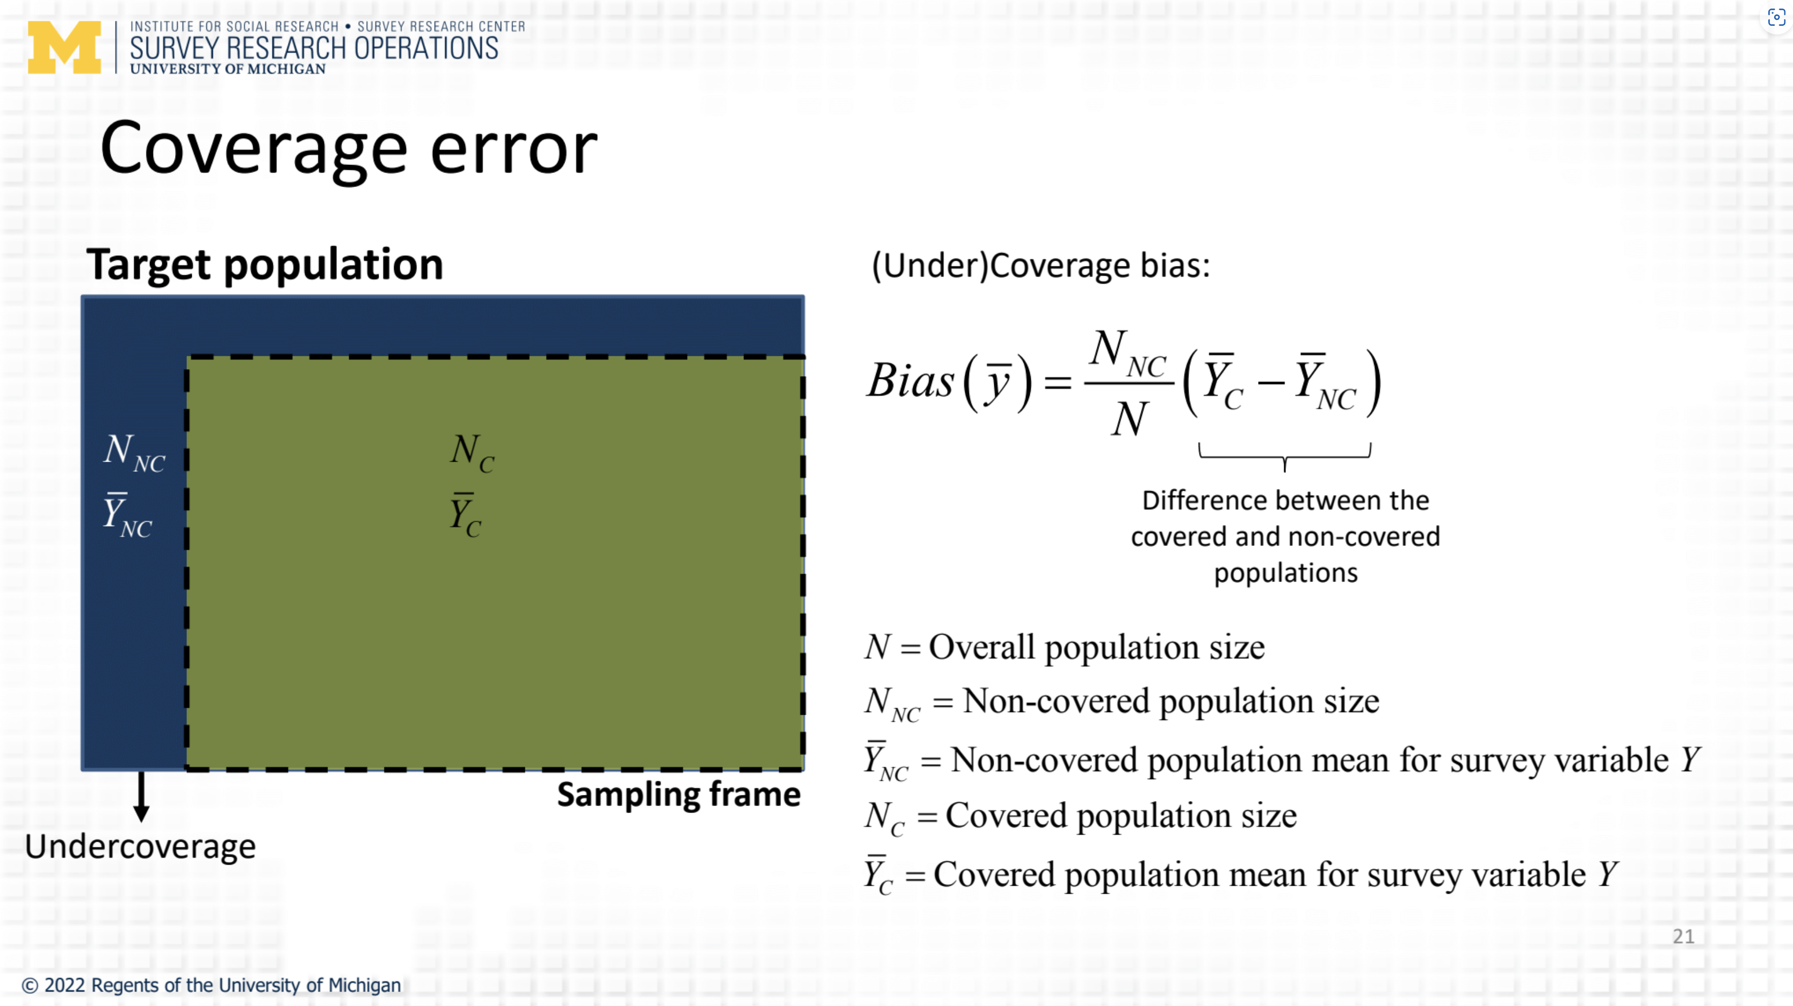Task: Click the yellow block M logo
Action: tap(64, 47)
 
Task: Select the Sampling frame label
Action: tap(678, 795)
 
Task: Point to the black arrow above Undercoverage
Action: tap(141, 796)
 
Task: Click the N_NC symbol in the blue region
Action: tap(134, 452)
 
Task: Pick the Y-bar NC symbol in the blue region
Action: tap(127, 516)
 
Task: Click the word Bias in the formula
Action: tap(910, 381)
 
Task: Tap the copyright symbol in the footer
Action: tap(30, 986)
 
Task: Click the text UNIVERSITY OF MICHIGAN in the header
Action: tap(228, 69)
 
